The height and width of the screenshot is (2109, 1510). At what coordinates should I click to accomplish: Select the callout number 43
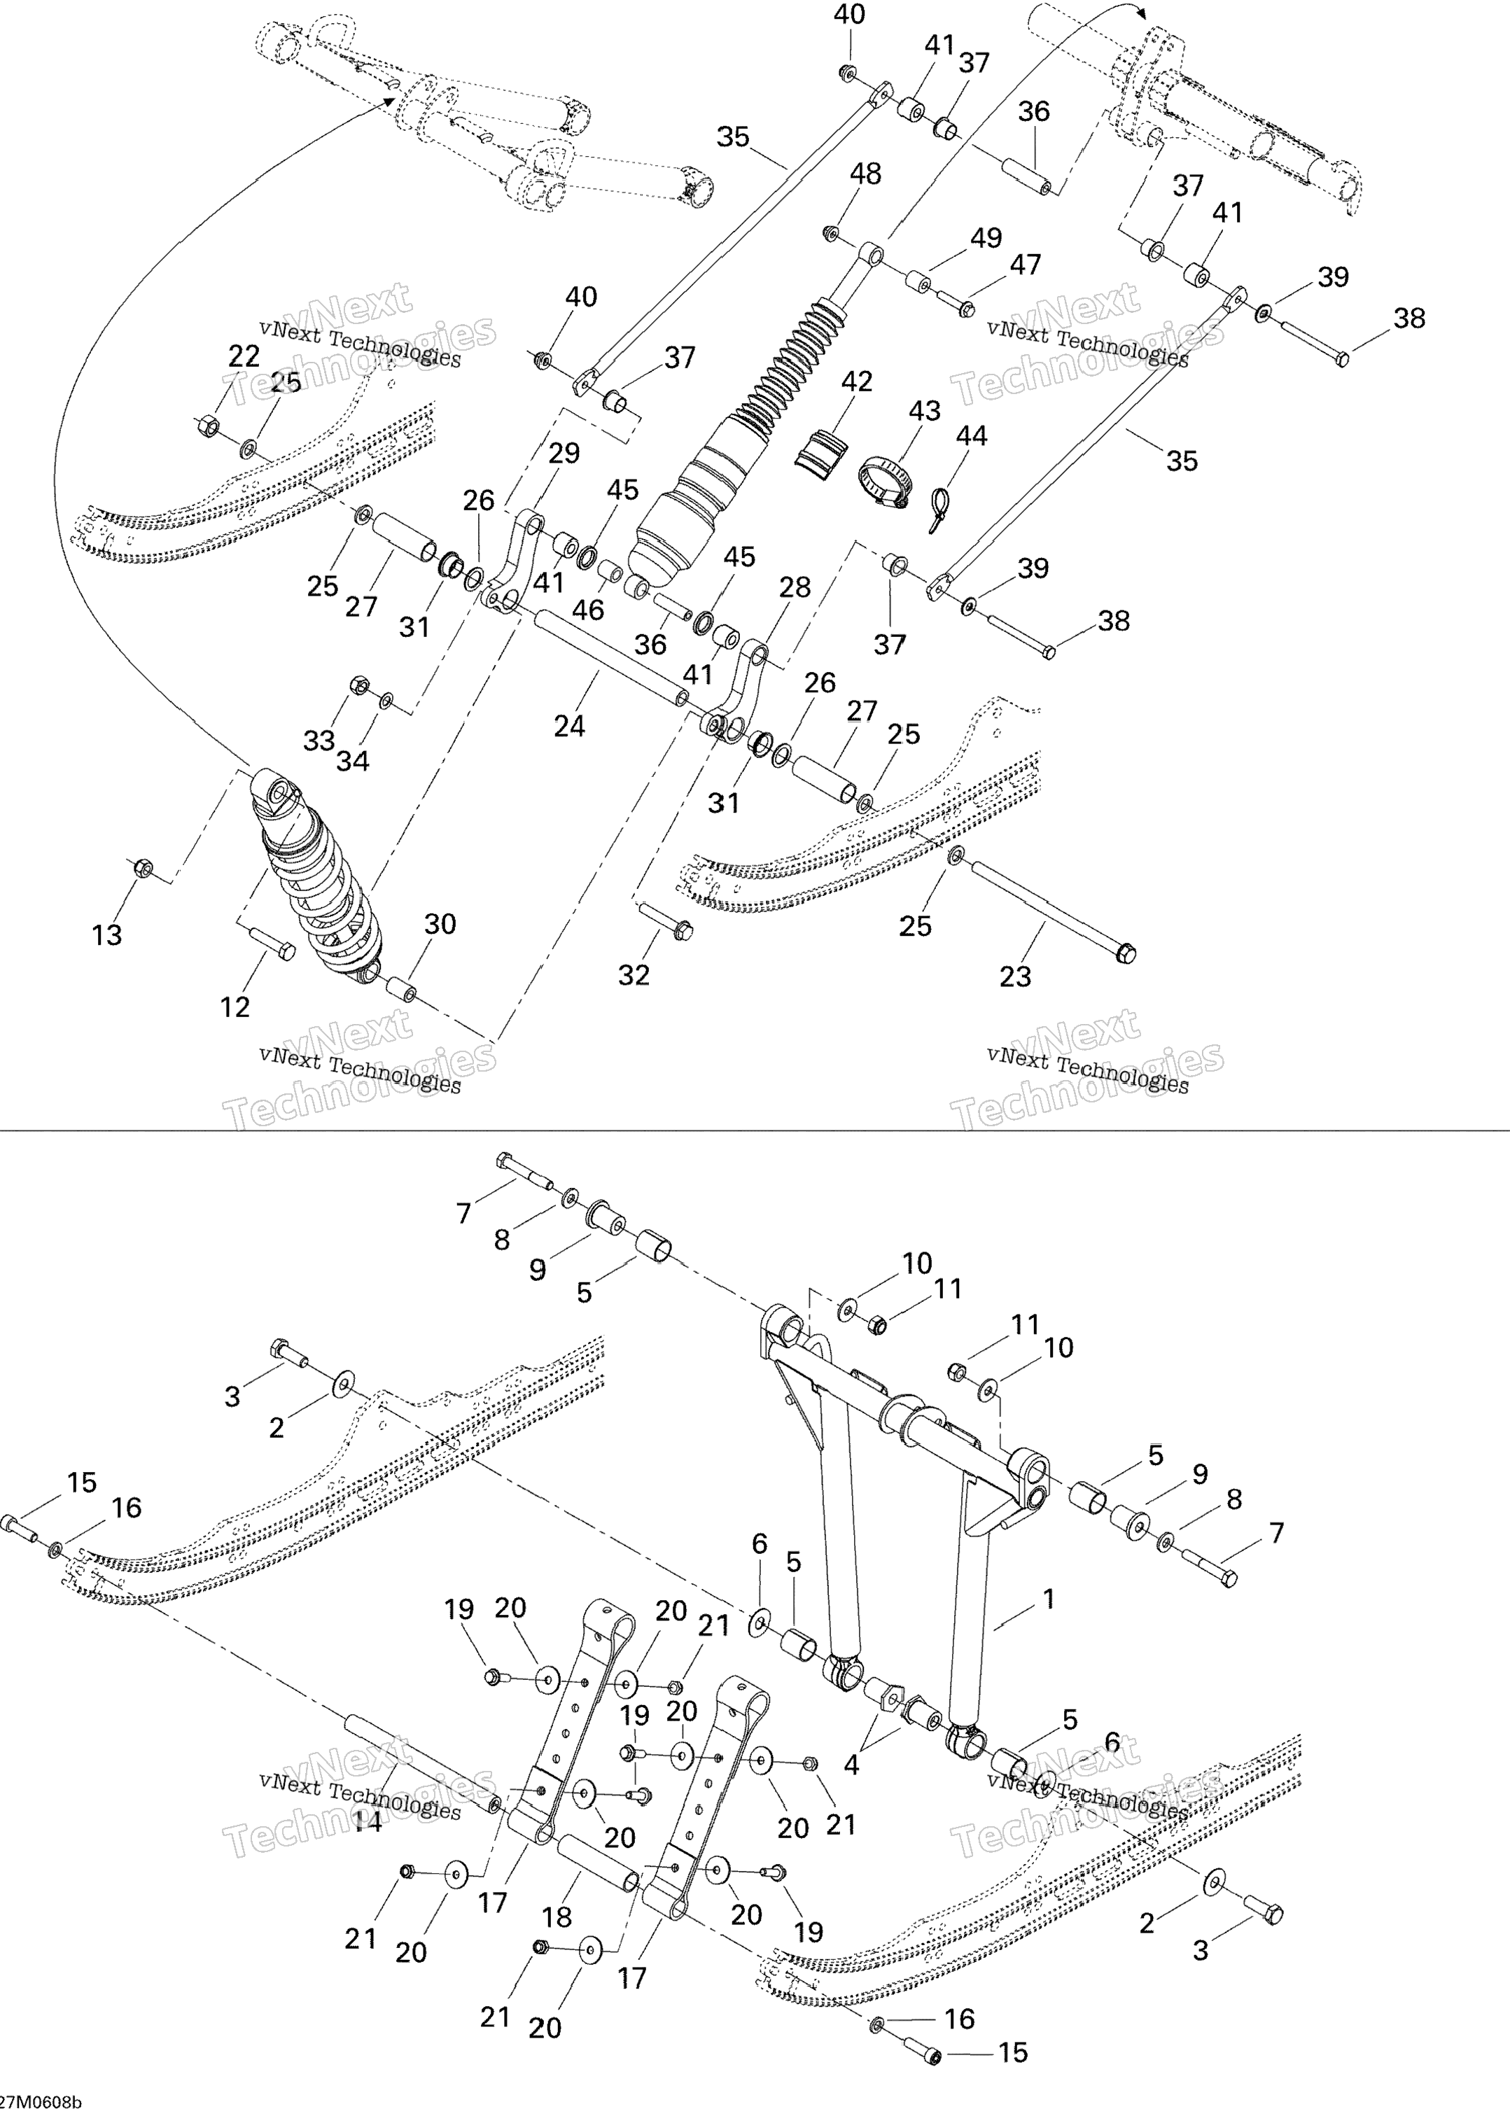tap(924, 411)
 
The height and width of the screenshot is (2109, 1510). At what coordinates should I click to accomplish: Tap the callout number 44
tap(972, 436)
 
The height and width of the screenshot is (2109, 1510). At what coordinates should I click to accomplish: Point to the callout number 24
tap(569, 726)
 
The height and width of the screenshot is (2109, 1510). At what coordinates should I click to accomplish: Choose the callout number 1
tap(1049, 1599)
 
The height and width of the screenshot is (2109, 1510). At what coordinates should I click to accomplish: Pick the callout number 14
tap(368, 1823)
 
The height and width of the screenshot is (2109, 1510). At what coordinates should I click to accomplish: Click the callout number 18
tap(557, 1917)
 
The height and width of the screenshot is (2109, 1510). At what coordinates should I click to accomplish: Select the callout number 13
tap(107, 935)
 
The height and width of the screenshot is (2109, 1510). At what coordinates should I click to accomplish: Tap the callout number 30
tap(440, 924)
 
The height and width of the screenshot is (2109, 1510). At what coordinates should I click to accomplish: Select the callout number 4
tap(851, 1763)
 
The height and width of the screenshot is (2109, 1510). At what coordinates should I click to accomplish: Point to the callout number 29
tap(564, 454)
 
